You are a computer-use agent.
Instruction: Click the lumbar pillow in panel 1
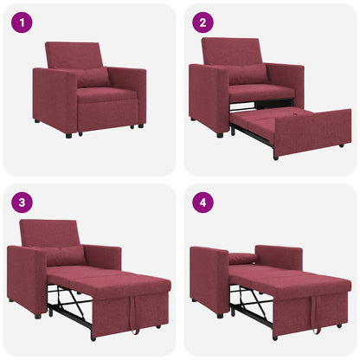[93, 77]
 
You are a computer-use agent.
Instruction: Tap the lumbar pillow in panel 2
[247, 74]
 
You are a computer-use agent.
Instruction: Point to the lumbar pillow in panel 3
[66, 255]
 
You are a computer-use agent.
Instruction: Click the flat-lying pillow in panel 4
[244, 258]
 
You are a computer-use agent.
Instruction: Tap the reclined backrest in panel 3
[50, 233]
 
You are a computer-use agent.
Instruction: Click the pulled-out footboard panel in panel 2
[313, 132]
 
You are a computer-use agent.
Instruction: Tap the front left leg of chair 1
[68, 134]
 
